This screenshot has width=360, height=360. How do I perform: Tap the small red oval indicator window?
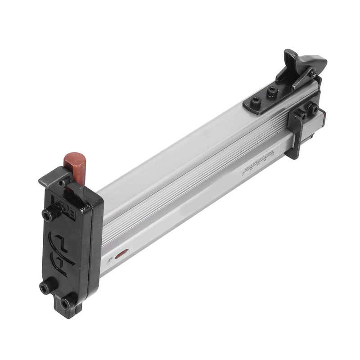click(x=121, y=254)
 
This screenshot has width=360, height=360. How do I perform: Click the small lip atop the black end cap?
click(x=52, y=178)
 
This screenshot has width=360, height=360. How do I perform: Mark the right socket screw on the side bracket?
click(x=312, y=108)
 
